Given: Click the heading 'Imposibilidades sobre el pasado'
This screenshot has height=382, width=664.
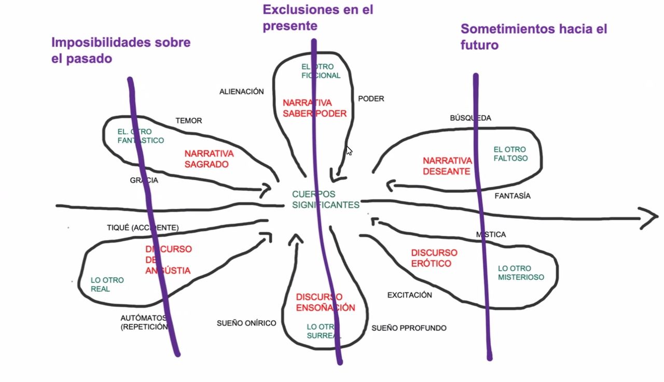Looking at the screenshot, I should point(120,50).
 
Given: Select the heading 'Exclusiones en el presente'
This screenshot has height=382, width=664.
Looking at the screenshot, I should point(317,17).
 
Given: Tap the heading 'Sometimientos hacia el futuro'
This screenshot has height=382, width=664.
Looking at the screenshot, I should point(533,36).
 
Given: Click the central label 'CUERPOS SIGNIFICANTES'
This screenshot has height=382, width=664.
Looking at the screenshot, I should point(325,200).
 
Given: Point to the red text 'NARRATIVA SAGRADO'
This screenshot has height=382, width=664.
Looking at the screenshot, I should point(209,159).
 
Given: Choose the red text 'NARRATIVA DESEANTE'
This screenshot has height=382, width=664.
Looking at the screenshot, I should point(447,166).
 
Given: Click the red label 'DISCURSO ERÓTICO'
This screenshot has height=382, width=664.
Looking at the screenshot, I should point(434,258).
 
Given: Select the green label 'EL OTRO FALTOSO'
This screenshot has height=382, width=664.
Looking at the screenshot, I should point(510,154).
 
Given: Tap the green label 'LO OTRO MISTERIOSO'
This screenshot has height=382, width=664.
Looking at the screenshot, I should point(521,273).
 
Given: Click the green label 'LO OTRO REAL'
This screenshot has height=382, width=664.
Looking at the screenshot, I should point(107,285).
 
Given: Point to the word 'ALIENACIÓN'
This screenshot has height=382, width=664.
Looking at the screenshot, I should point(241,92).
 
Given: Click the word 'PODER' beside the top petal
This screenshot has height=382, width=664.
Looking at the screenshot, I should point(371,99).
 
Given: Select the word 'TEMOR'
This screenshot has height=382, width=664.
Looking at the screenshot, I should point(188,121).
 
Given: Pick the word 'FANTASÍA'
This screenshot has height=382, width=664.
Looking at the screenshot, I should point(513,196).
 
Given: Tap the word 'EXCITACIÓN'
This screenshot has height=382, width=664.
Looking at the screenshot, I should point(409,295).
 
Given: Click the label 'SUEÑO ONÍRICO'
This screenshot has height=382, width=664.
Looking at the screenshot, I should point(246,323).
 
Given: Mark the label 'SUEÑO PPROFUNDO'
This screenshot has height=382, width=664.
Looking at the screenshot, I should point(409,328).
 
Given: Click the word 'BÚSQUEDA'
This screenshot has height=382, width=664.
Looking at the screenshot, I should point(470,118).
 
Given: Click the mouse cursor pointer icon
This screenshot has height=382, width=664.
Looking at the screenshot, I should point(349,151).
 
